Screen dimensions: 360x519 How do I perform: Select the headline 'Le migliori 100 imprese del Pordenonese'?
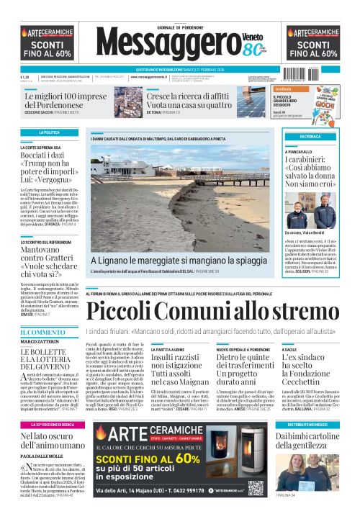coord(67,100)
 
